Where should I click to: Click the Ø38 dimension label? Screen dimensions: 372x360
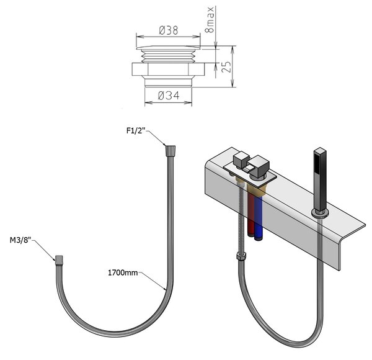point(169,30)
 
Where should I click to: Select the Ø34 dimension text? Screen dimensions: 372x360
point(169,96)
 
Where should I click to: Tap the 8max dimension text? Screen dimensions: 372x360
point(210,20)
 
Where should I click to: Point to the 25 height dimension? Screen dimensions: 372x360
point(226,67)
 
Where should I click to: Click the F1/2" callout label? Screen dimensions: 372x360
point(136,130)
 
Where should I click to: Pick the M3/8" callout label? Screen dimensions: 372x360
point(20,240)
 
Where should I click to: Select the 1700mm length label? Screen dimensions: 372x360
point(123,272)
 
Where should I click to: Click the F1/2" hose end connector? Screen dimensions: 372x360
point(170,151)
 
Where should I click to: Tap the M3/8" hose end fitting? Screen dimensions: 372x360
point(59,261)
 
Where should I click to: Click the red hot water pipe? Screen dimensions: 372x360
point(250,214)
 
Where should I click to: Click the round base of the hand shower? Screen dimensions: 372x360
point(321,213)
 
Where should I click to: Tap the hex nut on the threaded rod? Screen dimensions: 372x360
point(241,256)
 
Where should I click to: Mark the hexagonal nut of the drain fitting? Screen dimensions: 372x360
point(168,70)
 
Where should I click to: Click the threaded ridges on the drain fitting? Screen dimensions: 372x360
point(168,56)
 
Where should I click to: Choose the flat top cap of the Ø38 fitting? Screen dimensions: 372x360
point(168,48)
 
